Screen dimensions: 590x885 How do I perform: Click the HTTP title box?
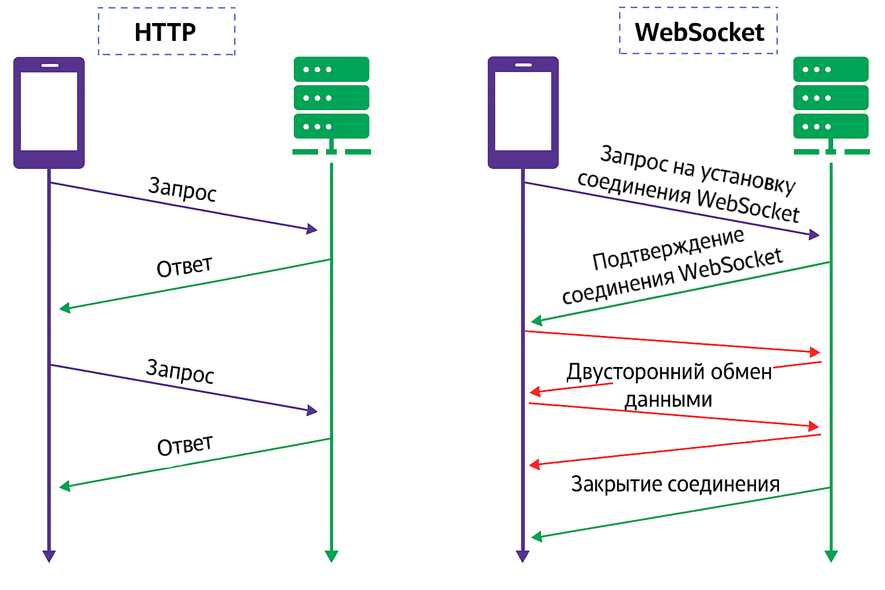click(166, 32)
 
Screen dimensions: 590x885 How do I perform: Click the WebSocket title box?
click(698, 32)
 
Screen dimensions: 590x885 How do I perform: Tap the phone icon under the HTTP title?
click(49, 112)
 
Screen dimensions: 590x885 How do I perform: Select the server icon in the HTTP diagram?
click(331, 104)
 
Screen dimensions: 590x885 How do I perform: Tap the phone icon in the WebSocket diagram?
click(523, 112)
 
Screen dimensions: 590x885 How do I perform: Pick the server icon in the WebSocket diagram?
click(830, 104)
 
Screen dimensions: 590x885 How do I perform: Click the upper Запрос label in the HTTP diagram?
click(182, 190)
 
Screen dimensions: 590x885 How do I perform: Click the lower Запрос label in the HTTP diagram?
click(180, 371)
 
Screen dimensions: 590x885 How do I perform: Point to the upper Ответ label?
click(184, 267)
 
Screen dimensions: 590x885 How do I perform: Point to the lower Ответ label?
click(184, 445)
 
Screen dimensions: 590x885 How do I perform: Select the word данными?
click(668, 399)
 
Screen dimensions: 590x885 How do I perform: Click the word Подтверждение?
click(668, 249)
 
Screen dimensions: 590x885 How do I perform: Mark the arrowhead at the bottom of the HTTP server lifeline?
click(331, 556)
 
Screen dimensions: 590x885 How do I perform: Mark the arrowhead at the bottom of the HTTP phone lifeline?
click(49, 556)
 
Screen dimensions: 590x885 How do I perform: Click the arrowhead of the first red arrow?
click(815, 352)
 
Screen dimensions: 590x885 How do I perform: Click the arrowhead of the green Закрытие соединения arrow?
click(536, 537)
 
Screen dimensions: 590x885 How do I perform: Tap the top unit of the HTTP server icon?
click(331, 69)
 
